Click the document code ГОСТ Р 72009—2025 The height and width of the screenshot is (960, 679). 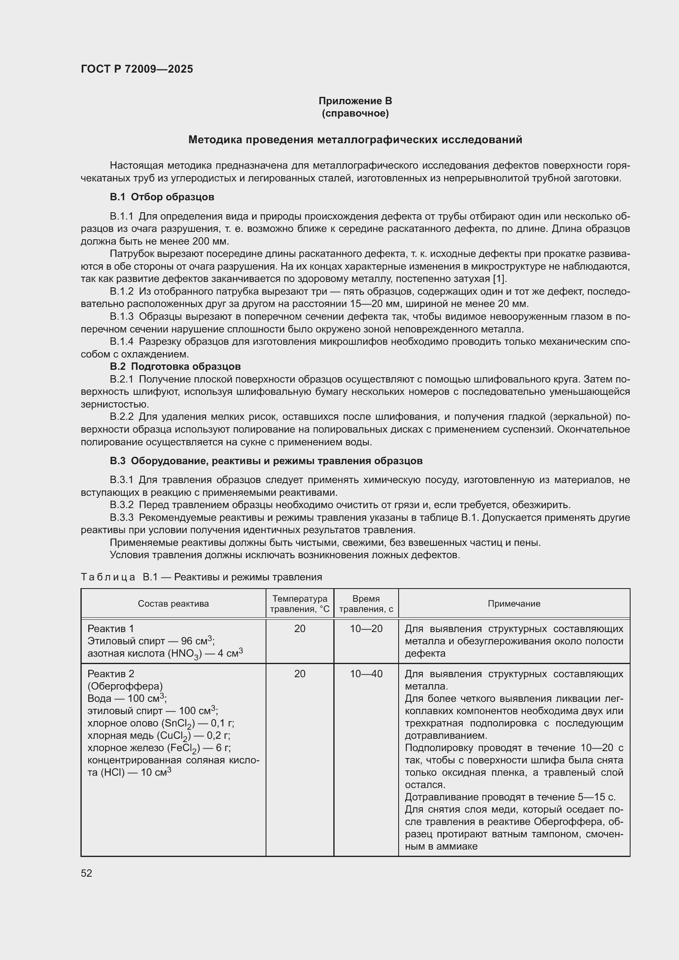point(137,69)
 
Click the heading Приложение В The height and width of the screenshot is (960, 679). point(355,101)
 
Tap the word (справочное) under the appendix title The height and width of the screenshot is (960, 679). point(355,113)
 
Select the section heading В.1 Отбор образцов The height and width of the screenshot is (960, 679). point(162,197)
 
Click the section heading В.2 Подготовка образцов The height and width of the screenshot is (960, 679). point(175,366)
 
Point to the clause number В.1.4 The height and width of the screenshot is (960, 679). point(121,341)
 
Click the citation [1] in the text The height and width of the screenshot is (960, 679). point(500,279)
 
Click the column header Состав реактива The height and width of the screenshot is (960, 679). point(173,603)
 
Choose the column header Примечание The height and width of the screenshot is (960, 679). point(514,603)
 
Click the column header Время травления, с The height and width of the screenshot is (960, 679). point(366,604)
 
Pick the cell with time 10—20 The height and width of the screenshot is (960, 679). point(366,628)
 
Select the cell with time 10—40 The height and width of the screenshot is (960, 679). point(366,674)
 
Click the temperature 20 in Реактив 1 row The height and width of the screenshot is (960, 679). point(300,628)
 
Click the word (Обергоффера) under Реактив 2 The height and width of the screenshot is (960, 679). point(125,686)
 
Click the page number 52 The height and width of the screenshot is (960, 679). point(87,873)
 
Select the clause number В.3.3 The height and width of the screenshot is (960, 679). point(121,518)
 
